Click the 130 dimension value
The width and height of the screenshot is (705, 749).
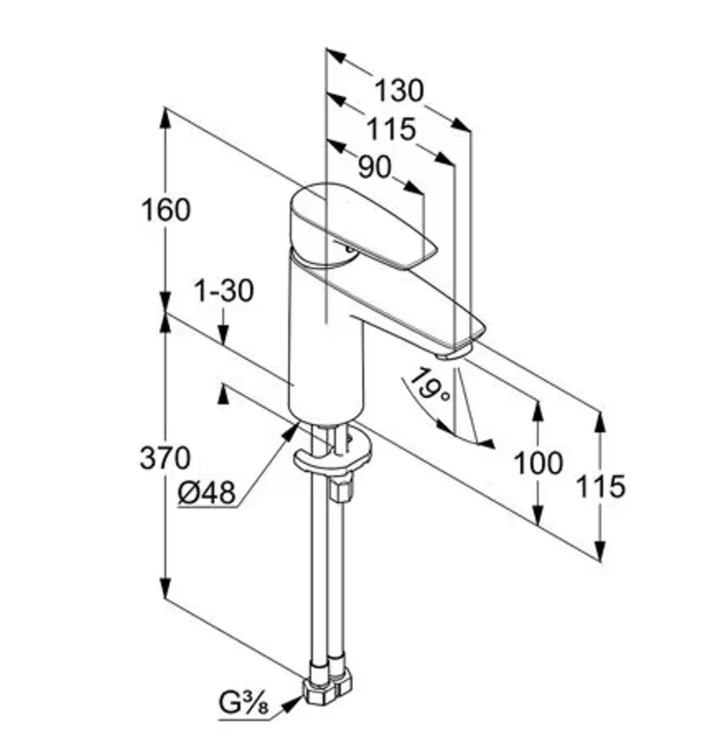398,90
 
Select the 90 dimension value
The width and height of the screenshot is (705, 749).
375,168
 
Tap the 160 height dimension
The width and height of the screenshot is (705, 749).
166,210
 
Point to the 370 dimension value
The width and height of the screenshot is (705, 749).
165,457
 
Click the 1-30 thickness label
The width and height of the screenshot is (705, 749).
224,290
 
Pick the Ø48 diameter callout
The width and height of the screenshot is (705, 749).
207,492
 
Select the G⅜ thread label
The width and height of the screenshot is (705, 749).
244,703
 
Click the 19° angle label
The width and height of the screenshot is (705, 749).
429,385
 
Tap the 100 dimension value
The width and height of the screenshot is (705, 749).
538,463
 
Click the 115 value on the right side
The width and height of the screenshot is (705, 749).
600,486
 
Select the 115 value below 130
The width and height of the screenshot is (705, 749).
391,129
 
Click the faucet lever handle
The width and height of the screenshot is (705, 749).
363,224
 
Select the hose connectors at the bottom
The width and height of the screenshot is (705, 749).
328,684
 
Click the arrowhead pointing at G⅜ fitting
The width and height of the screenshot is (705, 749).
292,705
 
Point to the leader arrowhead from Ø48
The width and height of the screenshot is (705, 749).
291,431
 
